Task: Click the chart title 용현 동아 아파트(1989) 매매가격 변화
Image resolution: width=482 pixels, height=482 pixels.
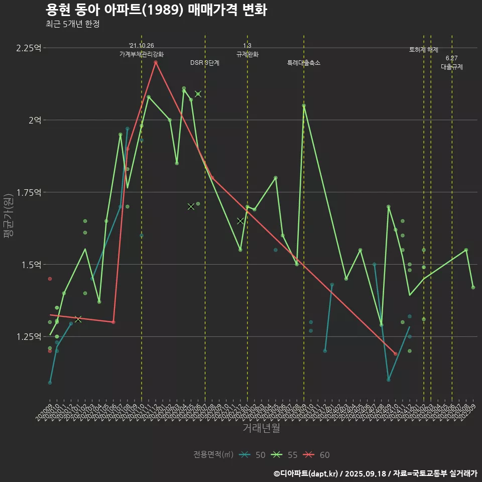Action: click(156, 10)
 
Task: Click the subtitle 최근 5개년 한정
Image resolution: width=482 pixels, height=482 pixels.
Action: click(72, 24)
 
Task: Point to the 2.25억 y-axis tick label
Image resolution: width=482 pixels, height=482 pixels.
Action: click(28, 48)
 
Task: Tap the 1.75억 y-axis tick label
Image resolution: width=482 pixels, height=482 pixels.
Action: click(28, 192)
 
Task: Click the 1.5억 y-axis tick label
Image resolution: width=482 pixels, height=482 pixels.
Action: click(31, 265)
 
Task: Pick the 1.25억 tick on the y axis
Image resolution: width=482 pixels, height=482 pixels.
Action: click(28, 336)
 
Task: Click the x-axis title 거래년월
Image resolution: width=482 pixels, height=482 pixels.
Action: click(261, 428)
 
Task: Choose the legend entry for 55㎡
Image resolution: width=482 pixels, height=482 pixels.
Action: click(284, 455)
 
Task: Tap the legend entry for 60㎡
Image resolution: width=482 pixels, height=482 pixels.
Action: click(317, 455)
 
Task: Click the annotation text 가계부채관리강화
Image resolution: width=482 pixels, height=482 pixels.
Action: click(142, 54)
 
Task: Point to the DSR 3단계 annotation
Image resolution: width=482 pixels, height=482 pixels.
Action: click(204, 63)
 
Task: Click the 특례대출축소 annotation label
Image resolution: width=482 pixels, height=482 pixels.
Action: click(304, 63)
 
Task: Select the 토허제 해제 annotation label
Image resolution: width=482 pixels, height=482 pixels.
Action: click(424, 50)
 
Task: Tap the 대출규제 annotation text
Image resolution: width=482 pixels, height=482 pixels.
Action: click(452, 67)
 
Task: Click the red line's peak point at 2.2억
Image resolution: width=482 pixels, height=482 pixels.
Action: click(156, 62)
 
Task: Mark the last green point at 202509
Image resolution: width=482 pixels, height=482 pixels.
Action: click(473, 287)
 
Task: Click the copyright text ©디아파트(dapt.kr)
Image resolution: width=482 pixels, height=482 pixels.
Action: click(306, 473)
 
